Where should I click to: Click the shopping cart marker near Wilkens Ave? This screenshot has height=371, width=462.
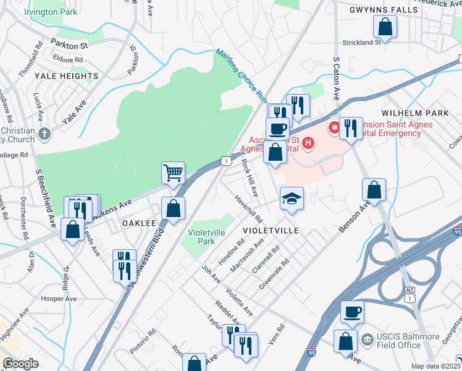pyautogui.click(x=174, y=173)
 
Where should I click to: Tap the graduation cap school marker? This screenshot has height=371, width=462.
pyautogui.click(x=292, y=198)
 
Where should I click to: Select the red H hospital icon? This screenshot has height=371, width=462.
pyautogui.click(x=307, y=145)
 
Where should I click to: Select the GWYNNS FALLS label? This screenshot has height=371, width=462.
pyautogui.click(x=375, y=10)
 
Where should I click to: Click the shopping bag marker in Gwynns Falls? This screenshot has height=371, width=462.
pyautogui.click(x=385, y=27)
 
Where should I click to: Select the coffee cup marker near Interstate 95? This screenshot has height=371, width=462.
pyautogui.click(x=352, y=312)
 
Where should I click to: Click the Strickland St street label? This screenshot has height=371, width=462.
pyautogui.click(x=362, y=42)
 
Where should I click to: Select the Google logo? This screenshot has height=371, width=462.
pyautogui.click(x=21, y=364)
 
